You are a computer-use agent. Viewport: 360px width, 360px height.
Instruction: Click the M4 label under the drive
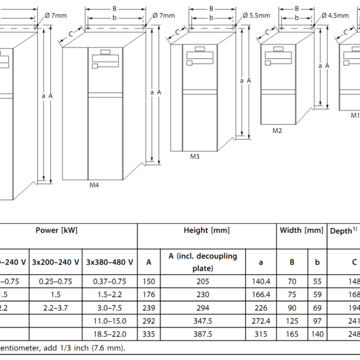[94, 185]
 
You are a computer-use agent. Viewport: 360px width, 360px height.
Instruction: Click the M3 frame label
[195, 157]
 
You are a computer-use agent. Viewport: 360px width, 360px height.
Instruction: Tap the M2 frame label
[277, 130]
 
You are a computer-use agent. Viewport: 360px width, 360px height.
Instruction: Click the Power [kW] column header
[56, 230]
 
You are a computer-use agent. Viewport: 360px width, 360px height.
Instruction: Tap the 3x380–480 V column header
[110, 262]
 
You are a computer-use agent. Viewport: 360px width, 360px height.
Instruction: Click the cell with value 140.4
[261, 281]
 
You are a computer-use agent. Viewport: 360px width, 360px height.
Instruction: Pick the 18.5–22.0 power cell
[110, 334]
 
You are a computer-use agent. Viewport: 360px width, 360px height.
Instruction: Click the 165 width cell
[293, 334]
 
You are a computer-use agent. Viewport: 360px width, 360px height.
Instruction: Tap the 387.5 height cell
[202, 334]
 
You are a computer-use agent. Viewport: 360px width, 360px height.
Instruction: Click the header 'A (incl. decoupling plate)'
[202, 262]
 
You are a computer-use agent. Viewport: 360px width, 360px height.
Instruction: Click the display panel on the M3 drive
[200, 55]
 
